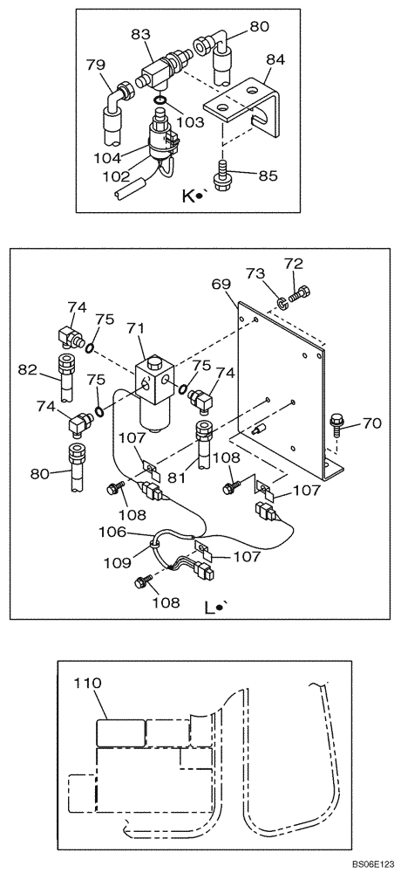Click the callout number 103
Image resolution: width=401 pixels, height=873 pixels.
(x=192, y=121)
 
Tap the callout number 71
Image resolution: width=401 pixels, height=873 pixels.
(x=135, y=328)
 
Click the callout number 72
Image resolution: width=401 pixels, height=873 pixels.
(x=293, y=262)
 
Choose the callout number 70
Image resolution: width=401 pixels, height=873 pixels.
(x=371, y=424)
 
